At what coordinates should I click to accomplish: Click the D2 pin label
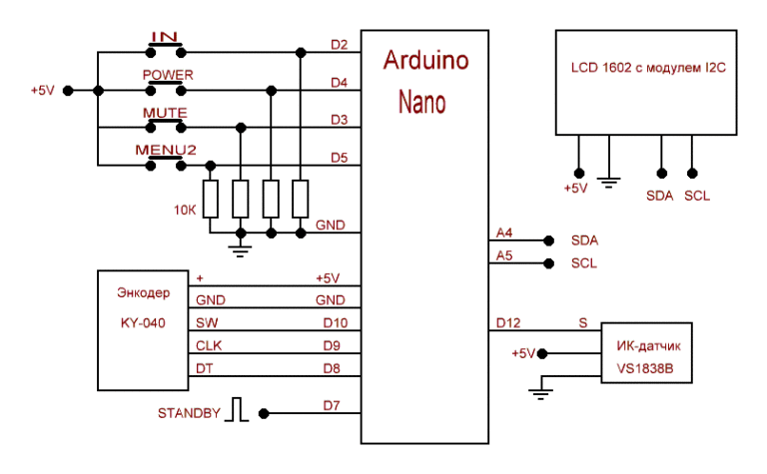(339, 44)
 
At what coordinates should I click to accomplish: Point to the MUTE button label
(165, 113)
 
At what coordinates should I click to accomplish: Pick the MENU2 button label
(166, 150)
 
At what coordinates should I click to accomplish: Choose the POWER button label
(167, 75)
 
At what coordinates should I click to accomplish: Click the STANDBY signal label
(189, 413)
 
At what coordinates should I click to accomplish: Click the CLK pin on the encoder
(209, 345)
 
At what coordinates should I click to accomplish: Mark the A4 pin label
(503, 234)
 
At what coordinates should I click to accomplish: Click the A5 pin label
(503, 256)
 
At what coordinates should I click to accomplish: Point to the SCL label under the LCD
(697, 196)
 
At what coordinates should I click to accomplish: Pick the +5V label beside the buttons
(42, 90)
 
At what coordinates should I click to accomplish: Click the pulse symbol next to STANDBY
(237, 410)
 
